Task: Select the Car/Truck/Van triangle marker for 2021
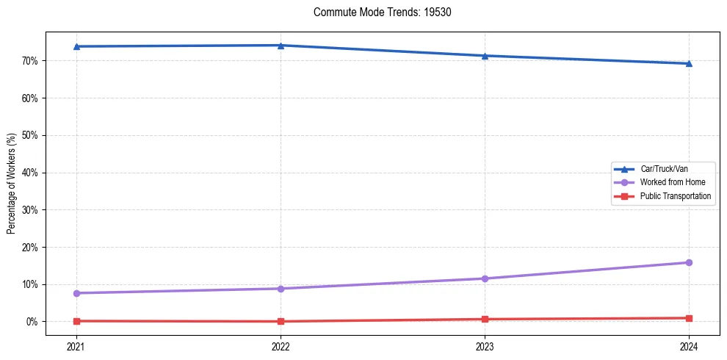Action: [x=76, y=46]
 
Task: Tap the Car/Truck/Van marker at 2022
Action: [x=281, y=45]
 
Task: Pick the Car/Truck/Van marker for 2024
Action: [x=689, y=63]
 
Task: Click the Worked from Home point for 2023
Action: [x=485, y=278]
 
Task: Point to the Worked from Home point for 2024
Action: [x=689, y=262]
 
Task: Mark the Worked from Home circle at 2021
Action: [x=76, y=293]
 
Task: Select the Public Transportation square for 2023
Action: [x=485, y=319]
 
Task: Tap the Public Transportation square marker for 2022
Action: [x=281, y=321]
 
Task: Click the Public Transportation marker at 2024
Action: [x=689, y=318]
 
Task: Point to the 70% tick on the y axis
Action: [x=30, y=60]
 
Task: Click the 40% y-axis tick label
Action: [x=30, y=173]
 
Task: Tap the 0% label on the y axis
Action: [x=32, y=322]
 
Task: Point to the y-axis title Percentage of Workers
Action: [x=11, y=184]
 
